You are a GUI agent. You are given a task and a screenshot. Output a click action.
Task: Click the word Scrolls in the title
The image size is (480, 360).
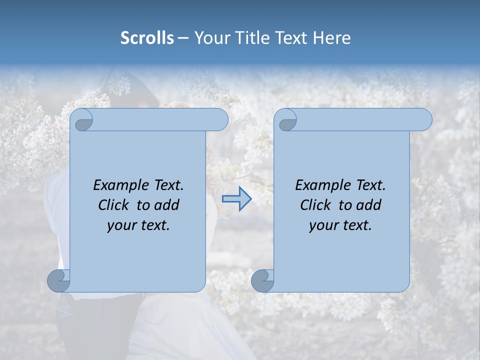(147, 38)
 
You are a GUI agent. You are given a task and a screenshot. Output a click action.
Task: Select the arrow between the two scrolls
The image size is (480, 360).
(236, 199)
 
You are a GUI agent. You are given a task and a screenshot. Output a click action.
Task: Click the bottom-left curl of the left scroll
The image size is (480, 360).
(59, 280)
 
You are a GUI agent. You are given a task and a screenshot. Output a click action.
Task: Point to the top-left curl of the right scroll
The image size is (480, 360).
(286, 120)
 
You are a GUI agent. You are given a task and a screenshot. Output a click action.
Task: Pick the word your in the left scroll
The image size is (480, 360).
(121, 225)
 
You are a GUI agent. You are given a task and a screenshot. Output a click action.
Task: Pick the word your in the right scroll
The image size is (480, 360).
(323, 225)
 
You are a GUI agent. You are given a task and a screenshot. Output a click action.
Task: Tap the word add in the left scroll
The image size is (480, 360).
(166, 205)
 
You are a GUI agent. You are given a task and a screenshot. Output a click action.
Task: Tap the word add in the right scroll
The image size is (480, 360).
(368, 205)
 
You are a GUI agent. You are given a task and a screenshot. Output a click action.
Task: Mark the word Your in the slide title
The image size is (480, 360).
(210, 38)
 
